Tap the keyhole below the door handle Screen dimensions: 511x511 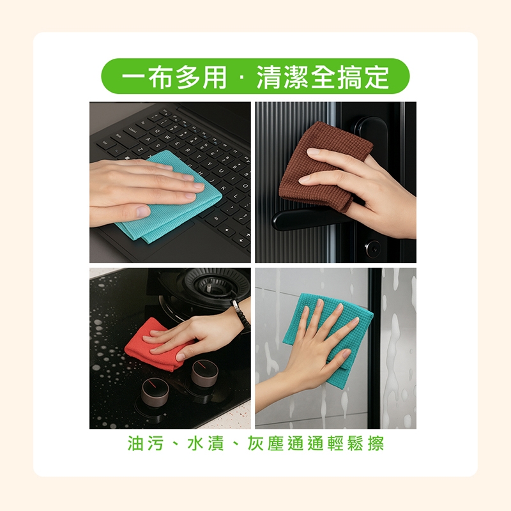[372, 249]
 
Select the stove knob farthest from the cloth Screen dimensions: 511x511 [155, 393]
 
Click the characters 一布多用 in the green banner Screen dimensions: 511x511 [174, 77]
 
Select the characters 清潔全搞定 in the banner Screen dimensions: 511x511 [323, 77]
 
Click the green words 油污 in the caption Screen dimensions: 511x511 [145, 443]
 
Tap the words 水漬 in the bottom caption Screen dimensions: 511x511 [206, 443]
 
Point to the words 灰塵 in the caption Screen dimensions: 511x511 [265, 443]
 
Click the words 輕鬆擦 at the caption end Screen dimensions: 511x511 [356, 443]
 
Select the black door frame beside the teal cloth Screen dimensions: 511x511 [375, 348]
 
